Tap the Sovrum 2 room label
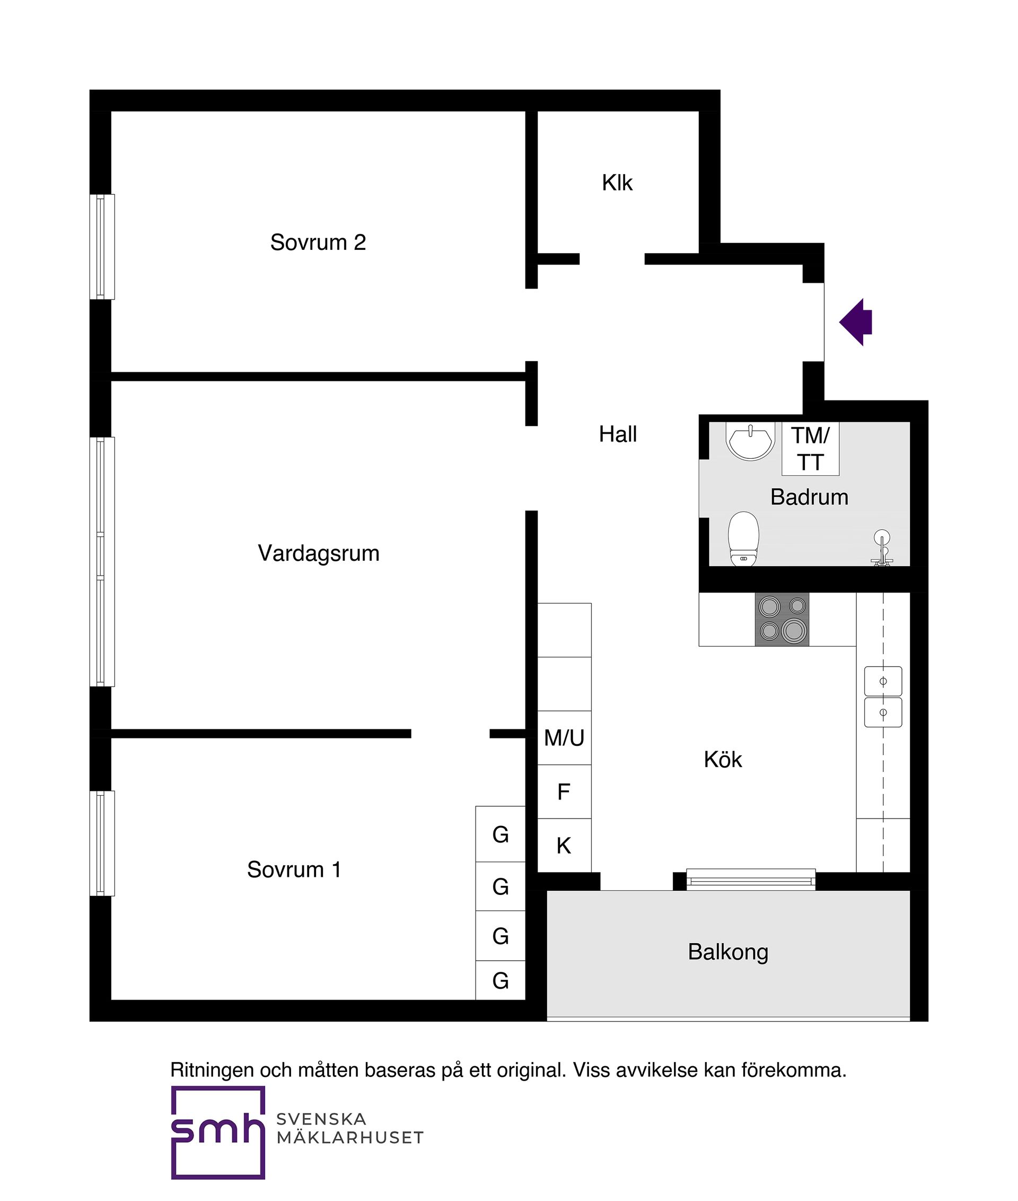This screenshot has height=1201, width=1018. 318,242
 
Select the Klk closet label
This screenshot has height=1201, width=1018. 617,183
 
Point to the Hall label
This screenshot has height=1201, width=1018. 618,434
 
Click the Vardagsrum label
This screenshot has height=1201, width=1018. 319,553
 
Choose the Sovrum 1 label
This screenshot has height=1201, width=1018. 294,869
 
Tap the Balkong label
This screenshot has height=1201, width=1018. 728,952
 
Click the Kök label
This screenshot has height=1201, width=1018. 723,759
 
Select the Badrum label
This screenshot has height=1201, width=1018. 809,497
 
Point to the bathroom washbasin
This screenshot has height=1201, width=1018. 750,442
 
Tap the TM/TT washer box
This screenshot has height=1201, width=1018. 810,449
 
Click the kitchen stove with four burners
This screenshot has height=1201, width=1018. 782,619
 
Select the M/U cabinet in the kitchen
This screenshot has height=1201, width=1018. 564,738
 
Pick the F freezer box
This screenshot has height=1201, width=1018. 564,791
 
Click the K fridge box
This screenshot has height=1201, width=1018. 564,846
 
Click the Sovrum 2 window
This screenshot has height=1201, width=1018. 102,247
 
